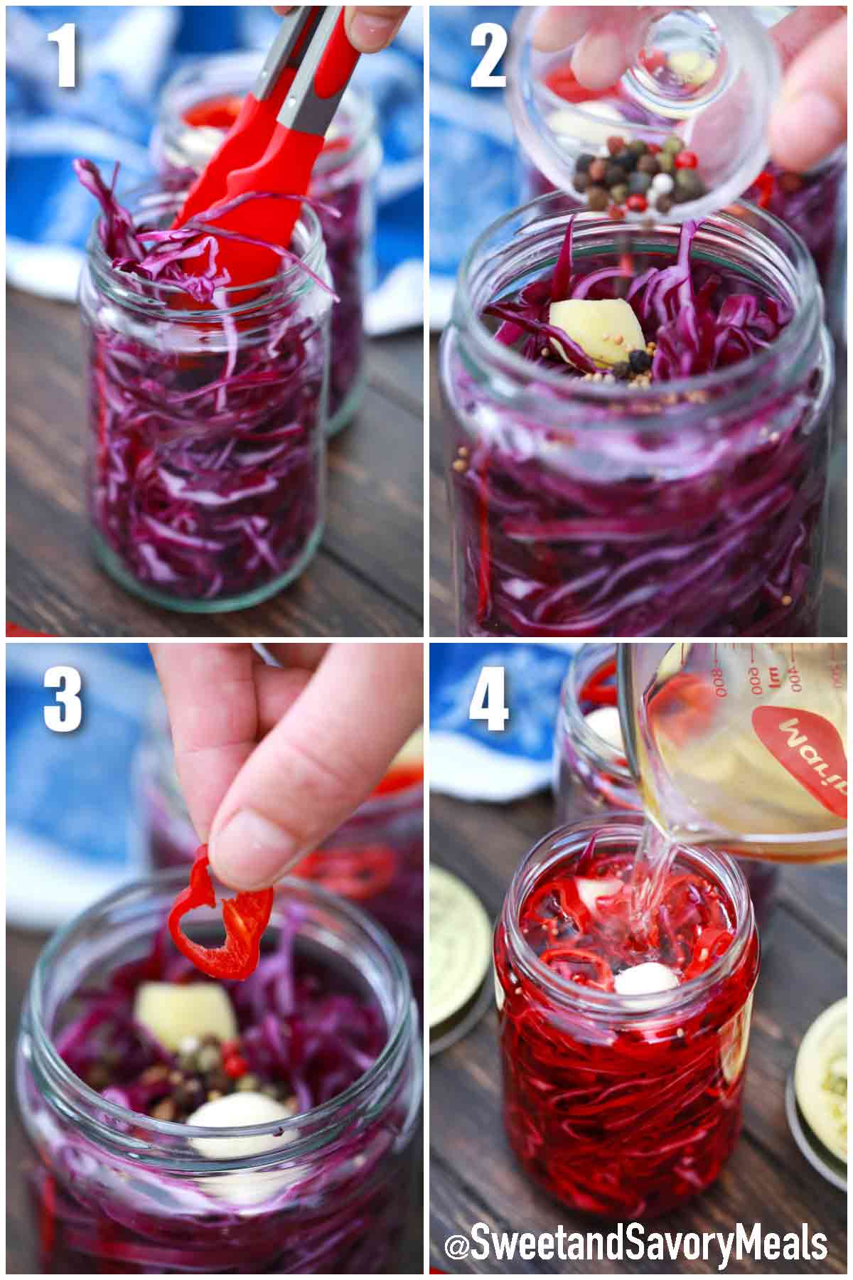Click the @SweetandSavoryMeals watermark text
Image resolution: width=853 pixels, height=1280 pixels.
(635, 1244)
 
